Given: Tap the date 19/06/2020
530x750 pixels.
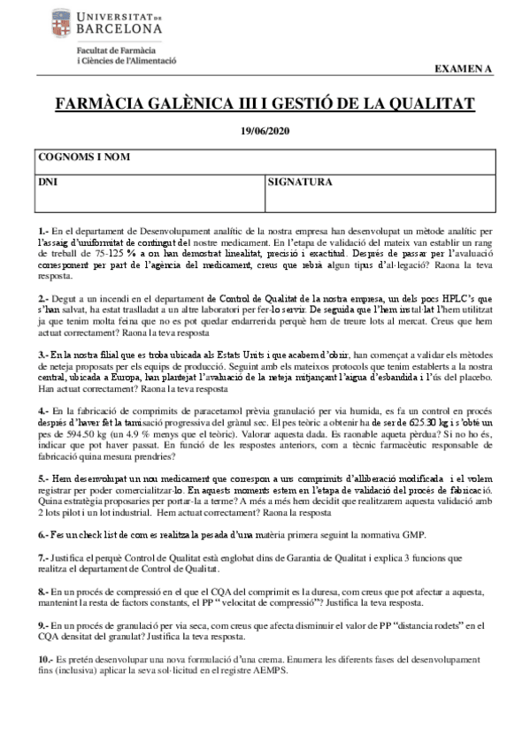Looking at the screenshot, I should pos(265,131).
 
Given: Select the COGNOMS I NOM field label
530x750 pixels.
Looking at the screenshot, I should pos(85,157).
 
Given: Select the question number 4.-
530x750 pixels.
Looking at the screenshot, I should pos(43,411).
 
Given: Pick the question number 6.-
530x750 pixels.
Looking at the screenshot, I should pos(43,535).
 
